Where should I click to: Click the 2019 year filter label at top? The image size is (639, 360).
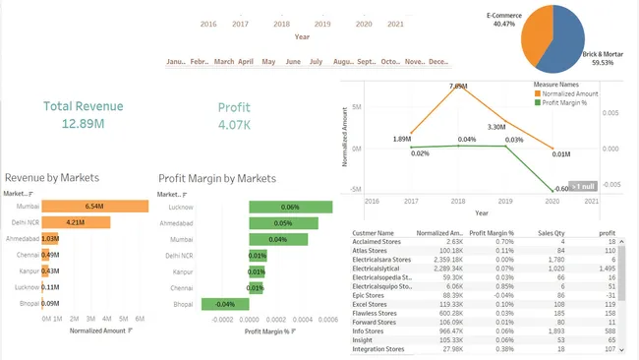point(322,24)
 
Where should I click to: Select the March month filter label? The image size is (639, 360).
point(224,62)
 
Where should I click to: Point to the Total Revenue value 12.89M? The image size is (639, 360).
point(84,124)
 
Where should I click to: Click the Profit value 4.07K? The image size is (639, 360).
point(234,125)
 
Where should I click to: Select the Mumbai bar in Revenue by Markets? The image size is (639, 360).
point(94,208)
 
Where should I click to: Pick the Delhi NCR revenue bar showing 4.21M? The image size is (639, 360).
point(76,223)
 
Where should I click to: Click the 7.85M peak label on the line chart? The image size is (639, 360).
point(457,87)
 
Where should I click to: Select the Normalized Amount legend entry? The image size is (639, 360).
point(569,93)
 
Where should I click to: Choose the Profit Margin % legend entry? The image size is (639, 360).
point(566,101)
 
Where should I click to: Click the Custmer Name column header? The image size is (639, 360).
point(373,233)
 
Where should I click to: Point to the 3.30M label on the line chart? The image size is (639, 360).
point(496,127)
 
